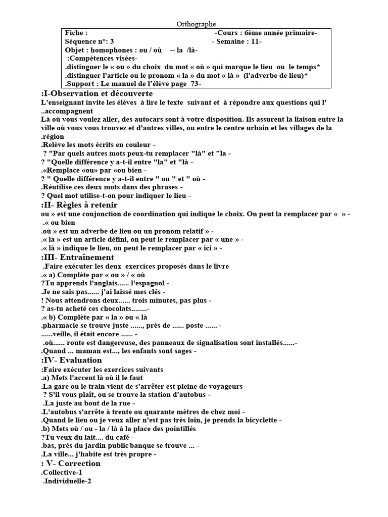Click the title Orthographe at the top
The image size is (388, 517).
pos(197,24)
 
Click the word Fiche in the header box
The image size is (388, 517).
pos(76,33)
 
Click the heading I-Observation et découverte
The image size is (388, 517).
pos(96,94)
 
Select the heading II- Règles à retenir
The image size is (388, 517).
pos(79,205)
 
